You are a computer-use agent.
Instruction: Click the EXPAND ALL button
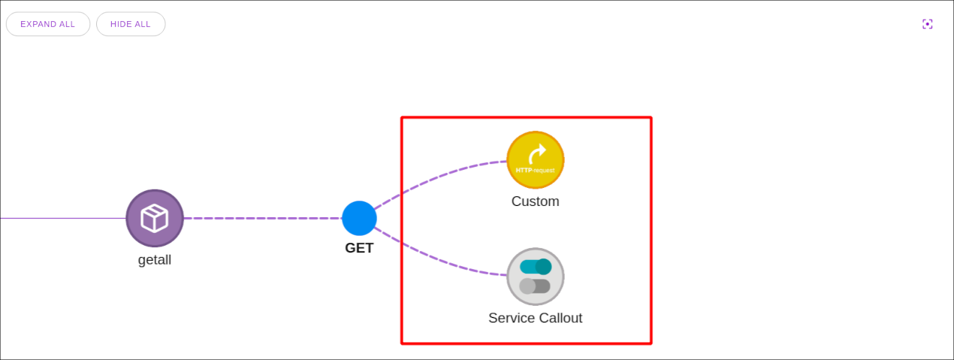[48, 24]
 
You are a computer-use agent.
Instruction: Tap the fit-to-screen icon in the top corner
[928, 24]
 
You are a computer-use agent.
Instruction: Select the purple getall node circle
[155, 218]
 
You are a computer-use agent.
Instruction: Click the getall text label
[155, 260]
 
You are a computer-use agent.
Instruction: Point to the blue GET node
[359, 218]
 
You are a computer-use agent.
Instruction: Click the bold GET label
[359, 248]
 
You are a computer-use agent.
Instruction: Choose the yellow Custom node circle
[536, 160]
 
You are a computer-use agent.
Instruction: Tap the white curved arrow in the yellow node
[537, 154]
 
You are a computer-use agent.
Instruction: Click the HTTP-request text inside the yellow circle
[535, 171]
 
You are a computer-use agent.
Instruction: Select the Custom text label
[536, 201]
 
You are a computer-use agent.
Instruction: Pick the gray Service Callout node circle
[536, 277]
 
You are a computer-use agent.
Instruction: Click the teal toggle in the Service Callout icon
[536, 267]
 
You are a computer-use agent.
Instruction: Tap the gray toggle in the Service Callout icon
[535, 286]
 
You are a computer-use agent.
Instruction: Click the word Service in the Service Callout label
[509, 318]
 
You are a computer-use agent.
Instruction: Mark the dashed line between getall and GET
[263, 219]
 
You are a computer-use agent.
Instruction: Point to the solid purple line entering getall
[60, 218]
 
